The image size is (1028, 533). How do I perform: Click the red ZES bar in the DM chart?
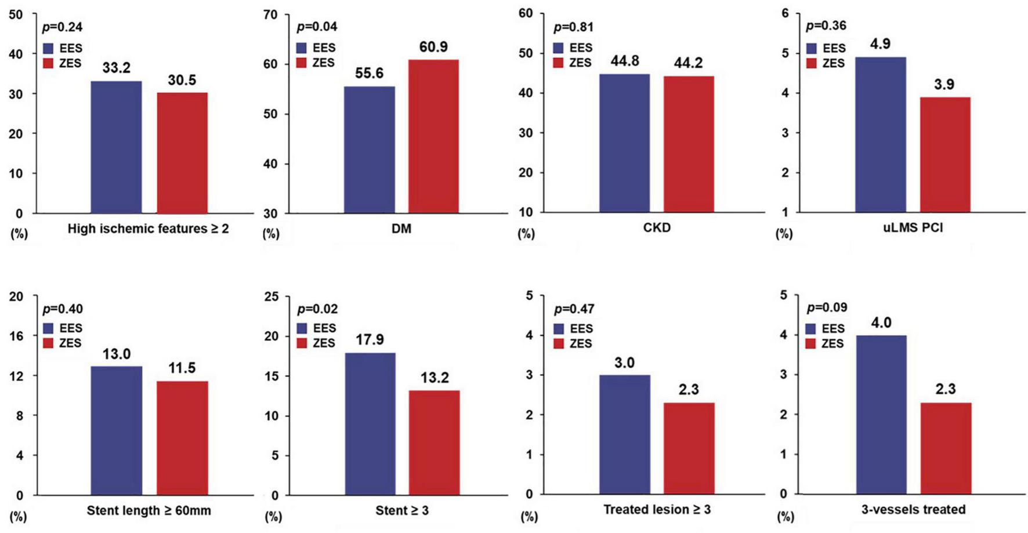433,136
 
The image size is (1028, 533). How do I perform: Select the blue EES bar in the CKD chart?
624,143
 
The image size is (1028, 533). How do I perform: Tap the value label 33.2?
116,68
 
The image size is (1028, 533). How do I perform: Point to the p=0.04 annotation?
317,27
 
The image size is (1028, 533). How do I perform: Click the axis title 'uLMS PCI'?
913,227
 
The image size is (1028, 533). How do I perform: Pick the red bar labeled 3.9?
944,155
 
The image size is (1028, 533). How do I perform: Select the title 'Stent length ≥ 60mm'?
149,510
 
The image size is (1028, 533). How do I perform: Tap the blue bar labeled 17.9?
370,423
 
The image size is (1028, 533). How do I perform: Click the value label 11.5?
182,368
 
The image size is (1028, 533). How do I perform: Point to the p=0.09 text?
827,307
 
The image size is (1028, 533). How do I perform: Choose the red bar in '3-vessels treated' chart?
946,448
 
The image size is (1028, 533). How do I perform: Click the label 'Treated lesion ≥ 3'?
657,509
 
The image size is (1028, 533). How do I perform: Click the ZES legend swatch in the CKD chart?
558,63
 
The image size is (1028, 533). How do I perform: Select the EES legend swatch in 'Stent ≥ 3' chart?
302,328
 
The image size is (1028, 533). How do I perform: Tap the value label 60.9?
433,46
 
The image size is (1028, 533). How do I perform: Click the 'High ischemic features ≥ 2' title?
148,229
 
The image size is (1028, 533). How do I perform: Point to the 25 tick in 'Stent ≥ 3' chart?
271,296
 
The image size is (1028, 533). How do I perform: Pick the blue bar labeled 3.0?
624,434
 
